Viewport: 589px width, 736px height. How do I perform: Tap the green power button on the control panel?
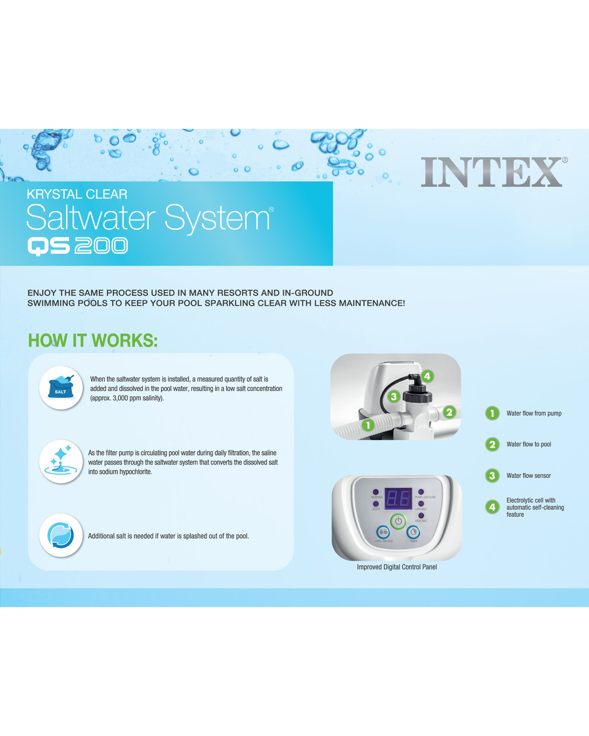pyautogui.click(x=398, y=522)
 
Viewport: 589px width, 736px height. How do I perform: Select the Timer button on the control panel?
pyautogui.click(x=413, y=532)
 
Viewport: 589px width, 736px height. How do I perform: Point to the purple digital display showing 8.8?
pyautogui.click(x=398, y=499)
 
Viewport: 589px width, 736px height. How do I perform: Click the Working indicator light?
pyautogui.click(x=376, y=493)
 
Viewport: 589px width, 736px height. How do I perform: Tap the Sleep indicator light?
pyautogui.click(x=376, y=504)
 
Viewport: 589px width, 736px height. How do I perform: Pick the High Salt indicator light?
pyautogui.click(x=421, y=516)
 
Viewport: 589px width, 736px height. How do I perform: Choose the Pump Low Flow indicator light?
pyautogui.click(x=421, y=493)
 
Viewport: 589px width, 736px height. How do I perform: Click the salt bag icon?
pyautogui.click(x=61, y=388)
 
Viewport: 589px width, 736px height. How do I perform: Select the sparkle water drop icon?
pyautogui.click(x=61, y=461)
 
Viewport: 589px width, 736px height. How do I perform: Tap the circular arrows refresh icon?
pyautogui.click(x=61, y=535)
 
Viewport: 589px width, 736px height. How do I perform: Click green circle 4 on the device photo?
pyautogui.click(x=427, y=377)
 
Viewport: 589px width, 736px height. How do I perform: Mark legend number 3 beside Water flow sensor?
pyautogui.click(x=492, y=476)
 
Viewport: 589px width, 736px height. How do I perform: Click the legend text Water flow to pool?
pyautogui.click(x=529, y=444)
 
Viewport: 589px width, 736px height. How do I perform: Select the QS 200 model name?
pyautogui.click(x=78, y=246)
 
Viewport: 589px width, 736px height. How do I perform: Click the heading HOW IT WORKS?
pyautogui.click(x=93, y=340)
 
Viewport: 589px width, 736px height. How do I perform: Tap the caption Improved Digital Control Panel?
pyautogui.click(x=397, y=567)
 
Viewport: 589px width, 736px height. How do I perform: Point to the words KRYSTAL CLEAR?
pyautogui.click(x=77, y=194)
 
